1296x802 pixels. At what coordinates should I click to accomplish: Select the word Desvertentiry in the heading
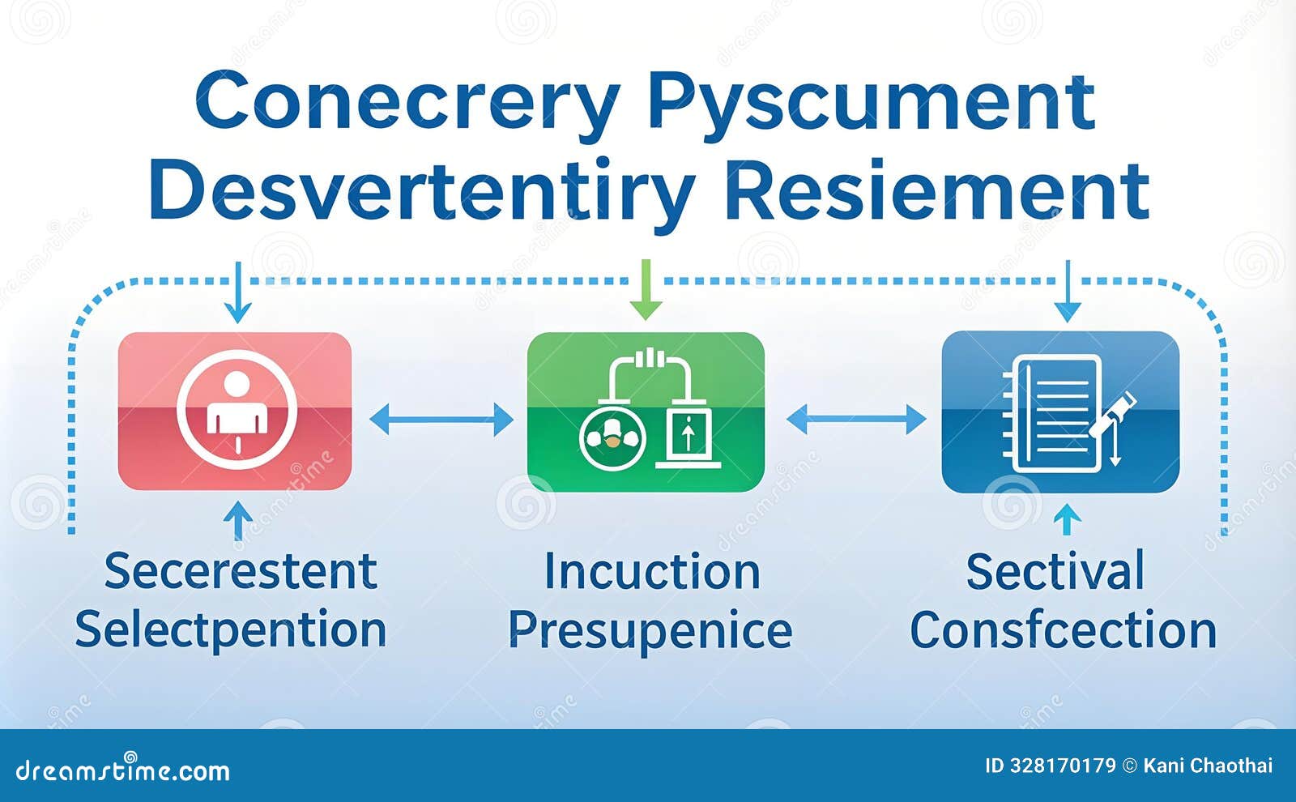pos(422,191)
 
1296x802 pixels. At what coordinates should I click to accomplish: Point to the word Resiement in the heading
pos(936,191)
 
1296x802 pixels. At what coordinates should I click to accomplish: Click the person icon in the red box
pos(237,409)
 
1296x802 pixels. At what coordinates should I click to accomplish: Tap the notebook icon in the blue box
pos(1052,414)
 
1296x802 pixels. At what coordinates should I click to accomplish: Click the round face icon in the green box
pos(612,438)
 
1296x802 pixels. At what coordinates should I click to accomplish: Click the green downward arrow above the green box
pos(646,289)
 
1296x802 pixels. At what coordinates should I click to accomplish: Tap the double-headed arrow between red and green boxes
pos(441,420)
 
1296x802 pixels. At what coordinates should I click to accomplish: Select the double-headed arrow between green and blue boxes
pos(856,420)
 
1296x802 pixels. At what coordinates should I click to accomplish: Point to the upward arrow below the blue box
pos(1068,519)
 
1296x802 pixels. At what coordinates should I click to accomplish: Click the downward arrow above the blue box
pos(1068,291)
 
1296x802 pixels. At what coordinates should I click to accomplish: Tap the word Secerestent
pos(241,571)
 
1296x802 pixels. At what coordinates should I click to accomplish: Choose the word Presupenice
pos(650,631)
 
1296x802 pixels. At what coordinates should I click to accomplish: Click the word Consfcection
pos(1064,629)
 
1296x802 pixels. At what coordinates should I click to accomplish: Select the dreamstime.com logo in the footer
pos(122,769)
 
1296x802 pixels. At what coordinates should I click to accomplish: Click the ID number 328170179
pos(1063,766)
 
